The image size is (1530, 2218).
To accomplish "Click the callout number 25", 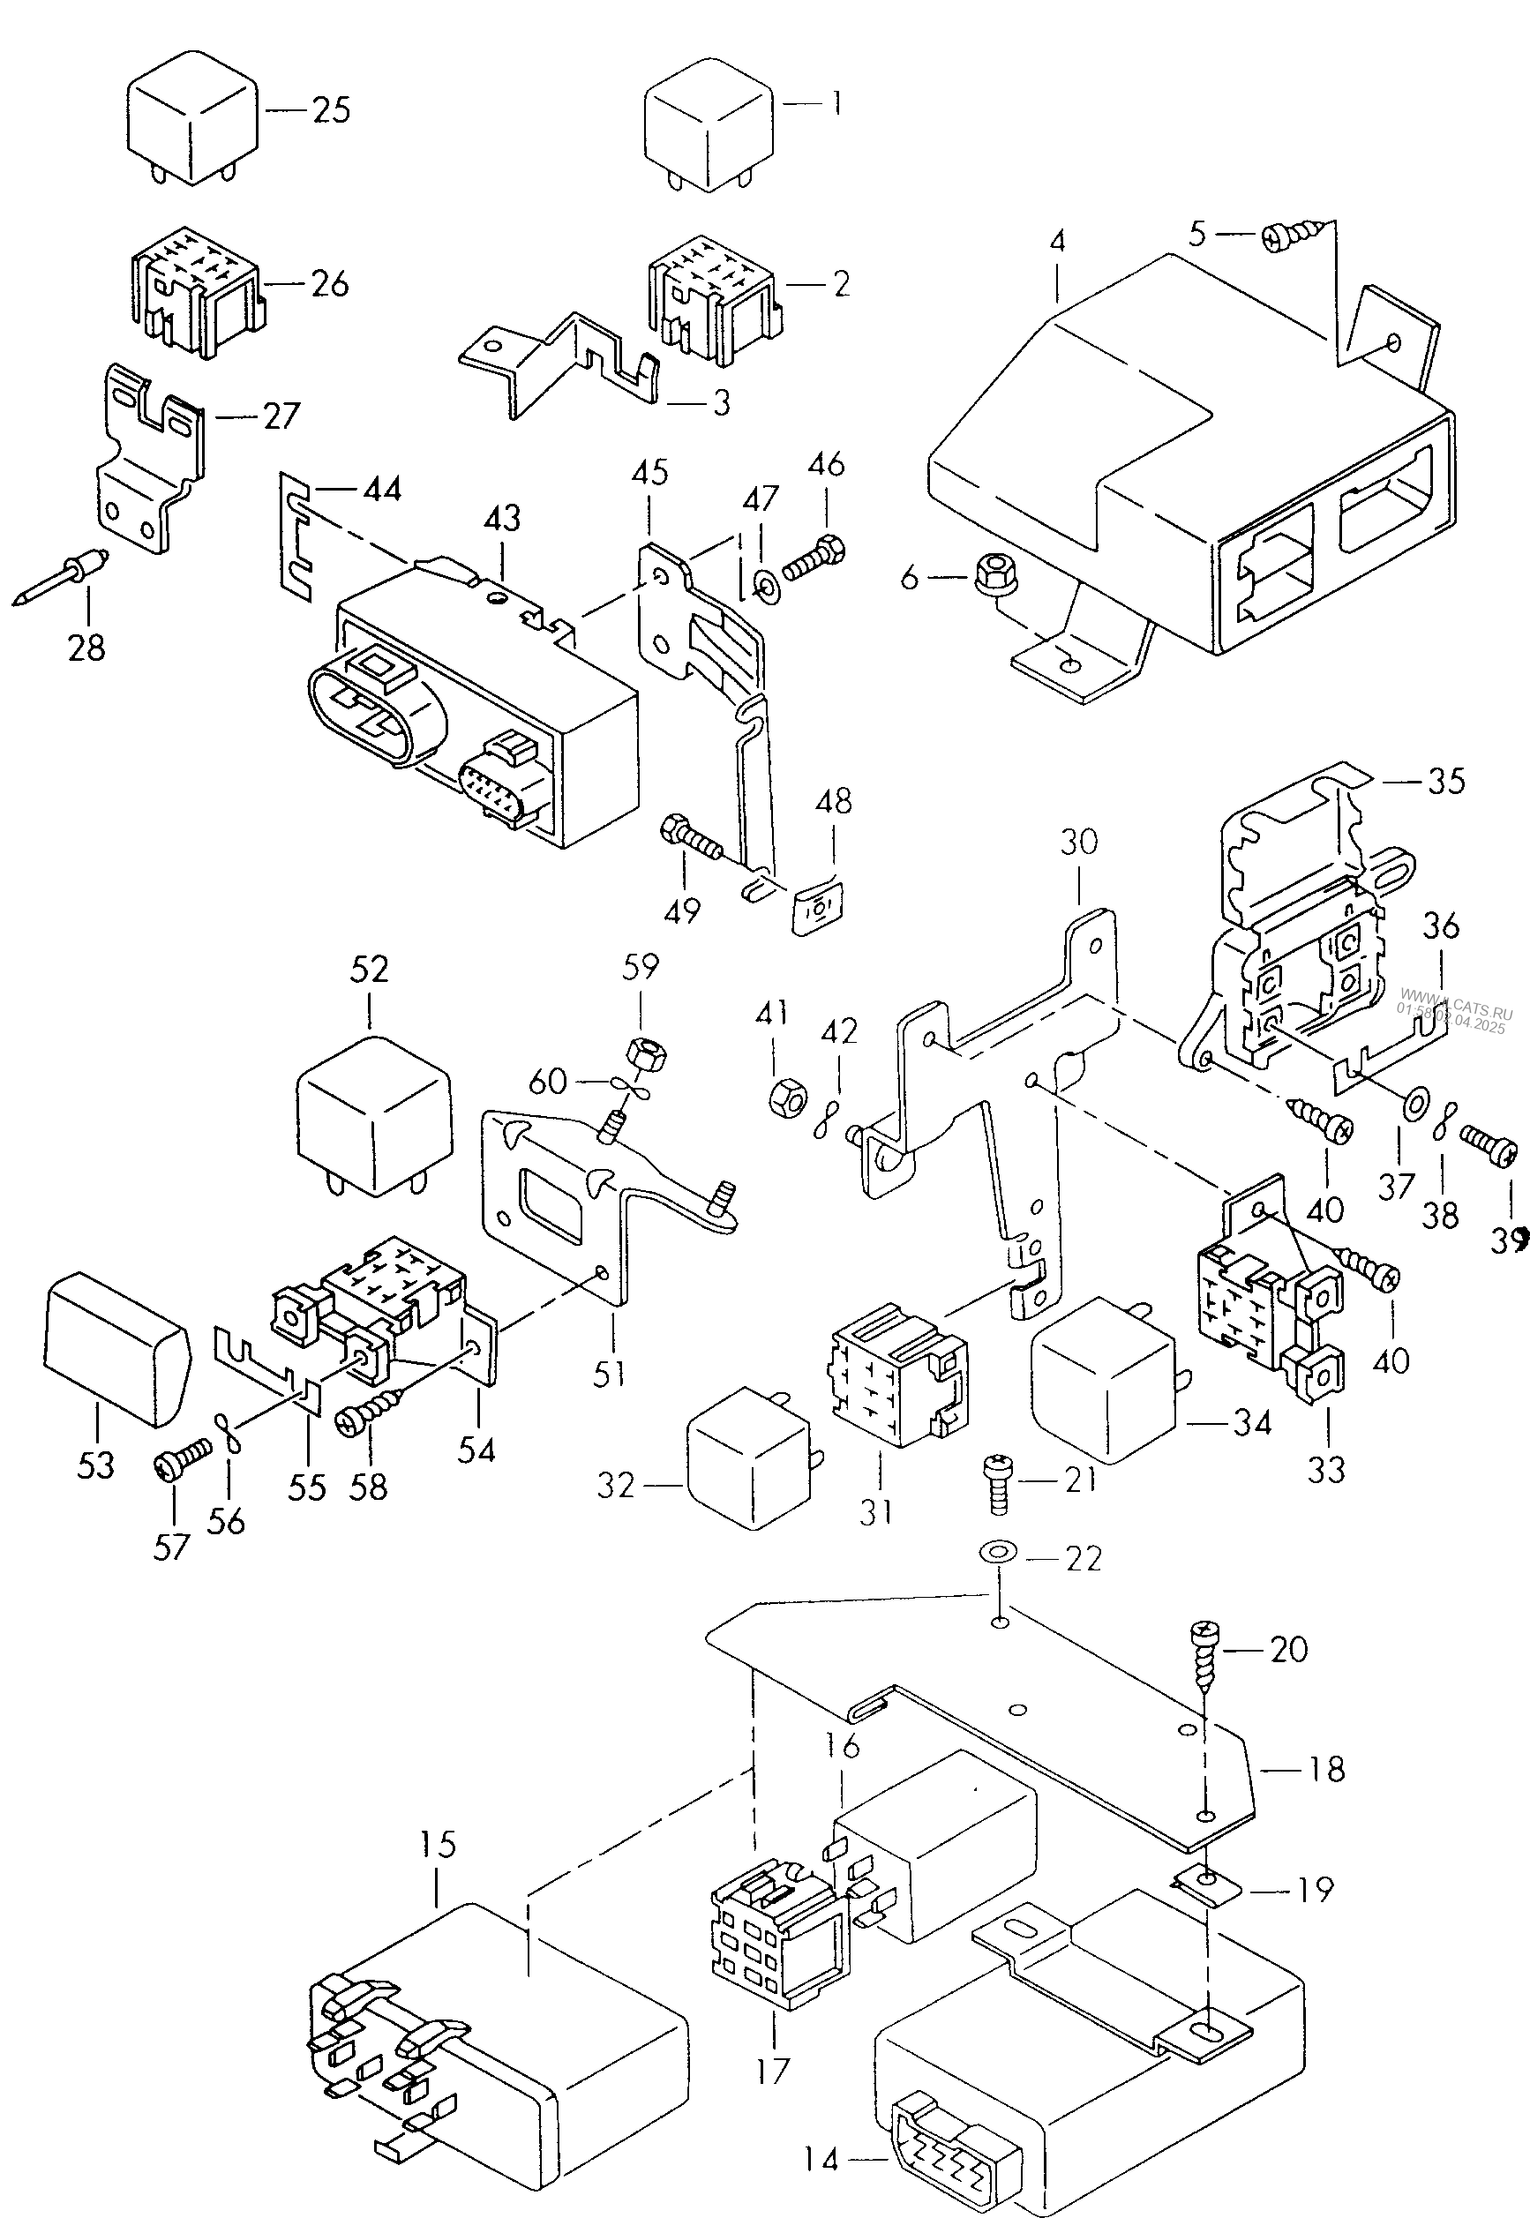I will click(x=332, y=110).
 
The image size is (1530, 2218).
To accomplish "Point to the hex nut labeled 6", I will click(x=988, y=577).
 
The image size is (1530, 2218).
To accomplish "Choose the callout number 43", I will click(x=502, y=519).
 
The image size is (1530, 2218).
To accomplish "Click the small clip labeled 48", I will click(x=818, y=906).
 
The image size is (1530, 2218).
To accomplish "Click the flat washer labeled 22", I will click(x=999, y=1551).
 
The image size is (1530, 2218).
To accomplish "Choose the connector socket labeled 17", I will click(x=778, y=1934).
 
